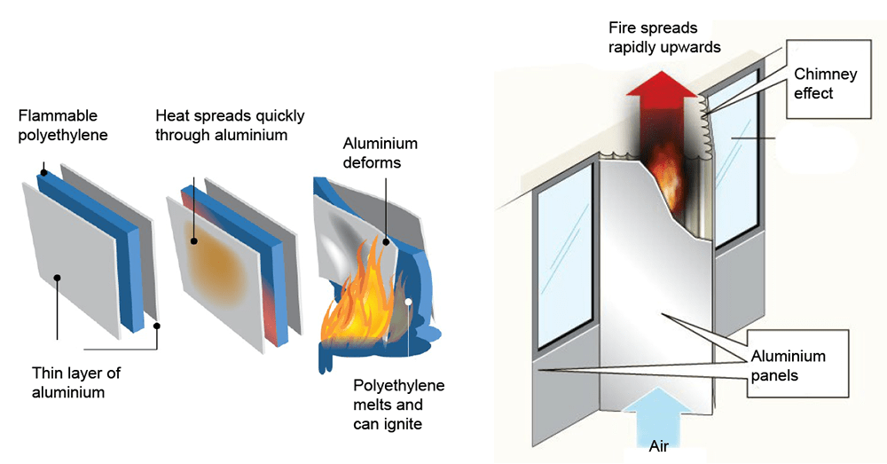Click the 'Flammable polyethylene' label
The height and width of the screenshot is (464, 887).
tap(63, 126)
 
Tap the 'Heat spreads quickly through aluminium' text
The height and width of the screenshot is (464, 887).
tap(231, 126)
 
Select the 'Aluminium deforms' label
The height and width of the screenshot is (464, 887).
tap(381, 153)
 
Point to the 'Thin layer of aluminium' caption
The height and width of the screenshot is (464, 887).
tap(76, 382)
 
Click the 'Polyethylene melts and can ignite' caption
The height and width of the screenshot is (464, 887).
tap(399, 405)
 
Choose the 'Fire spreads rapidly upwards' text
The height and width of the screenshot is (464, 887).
tap(664, 37)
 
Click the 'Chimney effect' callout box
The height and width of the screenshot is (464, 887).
tap(828, 79)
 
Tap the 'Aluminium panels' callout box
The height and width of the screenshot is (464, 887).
tap(797, 364)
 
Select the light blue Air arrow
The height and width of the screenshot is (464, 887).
tap(658, 418)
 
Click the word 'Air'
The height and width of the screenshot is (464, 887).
tap(658, 446)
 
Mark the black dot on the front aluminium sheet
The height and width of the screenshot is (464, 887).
tap(57, 278)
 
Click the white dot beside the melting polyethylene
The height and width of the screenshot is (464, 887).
tap(408, 302)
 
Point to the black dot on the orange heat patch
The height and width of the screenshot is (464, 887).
tap(194, 241)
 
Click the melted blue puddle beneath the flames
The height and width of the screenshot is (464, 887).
tap(362, 350)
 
